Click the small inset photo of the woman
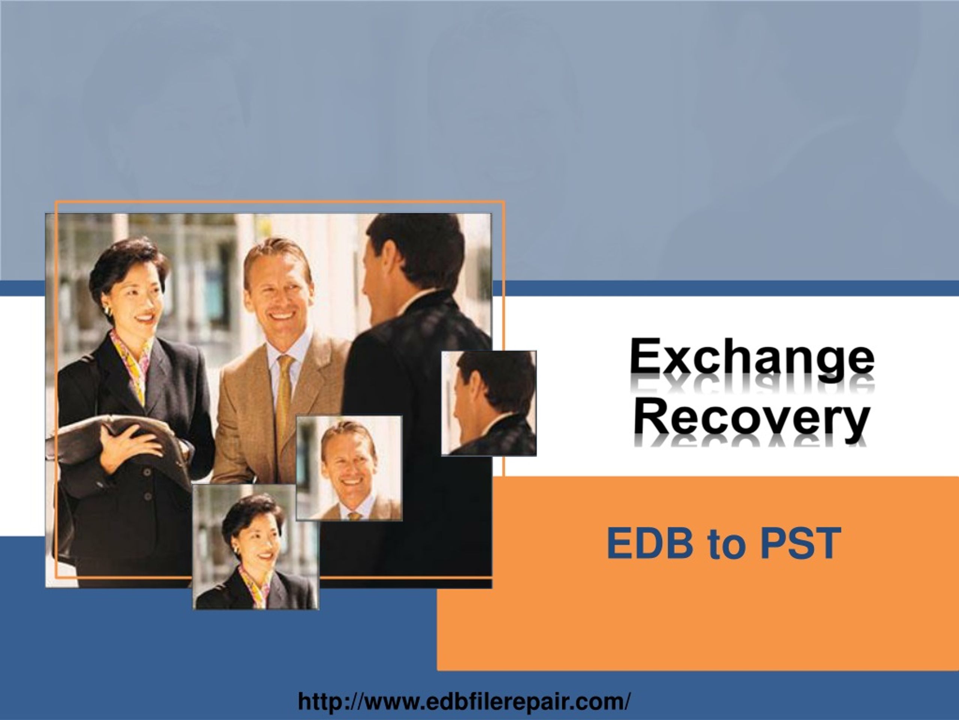pyautogui.click(x=256, y=547)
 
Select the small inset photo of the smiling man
pyautogui.click(x=349, y=468)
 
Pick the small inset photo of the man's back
pyautogui.click(x=488, y=403)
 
